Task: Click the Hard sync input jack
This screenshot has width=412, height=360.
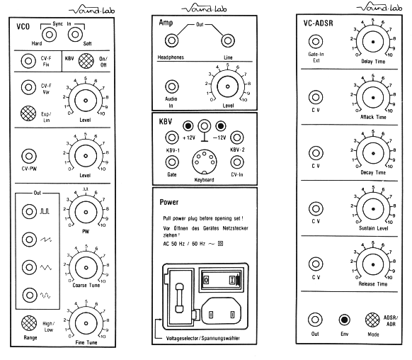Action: click(x=49, y=35)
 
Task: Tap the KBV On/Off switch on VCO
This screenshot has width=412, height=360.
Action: click(x=86, y=61)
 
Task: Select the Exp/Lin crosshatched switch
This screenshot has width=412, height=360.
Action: click(x=28, y=113)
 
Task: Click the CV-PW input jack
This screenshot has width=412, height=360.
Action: click(x=29, y=156)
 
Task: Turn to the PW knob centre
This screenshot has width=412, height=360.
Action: click(x=86, y=212)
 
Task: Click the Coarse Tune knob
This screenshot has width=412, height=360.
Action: click(x=86, y=268)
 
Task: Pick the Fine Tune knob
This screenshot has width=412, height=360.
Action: click(x=86, y=323)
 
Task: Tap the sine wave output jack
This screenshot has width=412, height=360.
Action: click(x=30, y=295)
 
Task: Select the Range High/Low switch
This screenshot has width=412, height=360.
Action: click(x=29, y=323)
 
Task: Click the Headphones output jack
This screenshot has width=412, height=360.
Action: click(x=171, y=41)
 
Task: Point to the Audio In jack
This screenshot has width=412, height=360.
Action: click(x=172, y=86)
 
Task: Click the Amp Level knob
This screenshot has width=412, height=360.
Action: click(x=227, y=86)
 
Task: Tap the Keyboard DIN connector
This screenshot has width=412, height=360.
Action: click(x=204, y=162)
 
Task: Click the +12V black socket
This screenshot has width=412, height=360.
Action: click(x=188, y=126)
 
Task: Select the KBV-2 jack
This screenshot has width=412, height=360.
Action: click(x=237, y=137)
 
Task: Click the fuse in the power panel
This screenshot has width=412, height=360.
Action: click(x=179, y=298)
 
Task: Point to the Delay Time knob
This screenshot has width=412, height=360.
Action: click(x=373, y=42)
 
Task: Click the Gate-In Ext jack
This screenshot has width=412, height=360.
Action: click(x=316, y=42)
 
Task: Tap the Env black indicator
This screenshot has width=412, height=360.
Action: click(x=344, y=320)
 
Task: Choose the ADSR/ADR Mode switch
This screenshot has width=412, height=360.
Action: click(x=372, y=320)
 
